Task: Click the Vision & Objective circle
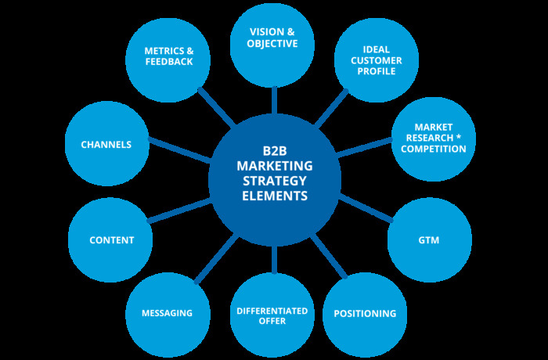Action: point(273,43)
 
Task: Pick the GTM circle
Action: point(429,239)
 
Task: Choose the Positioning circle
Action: point(365,313)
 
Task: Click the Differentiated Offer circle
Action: point(272,315)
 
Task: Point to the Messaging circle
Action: point(167,313)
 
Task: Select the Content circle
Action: point(111,239)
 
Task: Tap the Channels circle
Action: point(106,144)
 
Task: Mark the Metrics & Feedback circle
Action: point(168,57)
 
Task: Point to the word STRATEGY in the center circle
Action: point(274,181)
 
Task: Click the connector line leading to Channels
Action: point(180,151)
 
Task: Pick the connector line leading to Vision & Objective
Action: point(274,99)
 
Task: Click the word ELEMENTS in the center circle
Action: point(274,196)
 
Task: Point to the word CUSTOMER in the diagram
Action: point(376,60)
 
